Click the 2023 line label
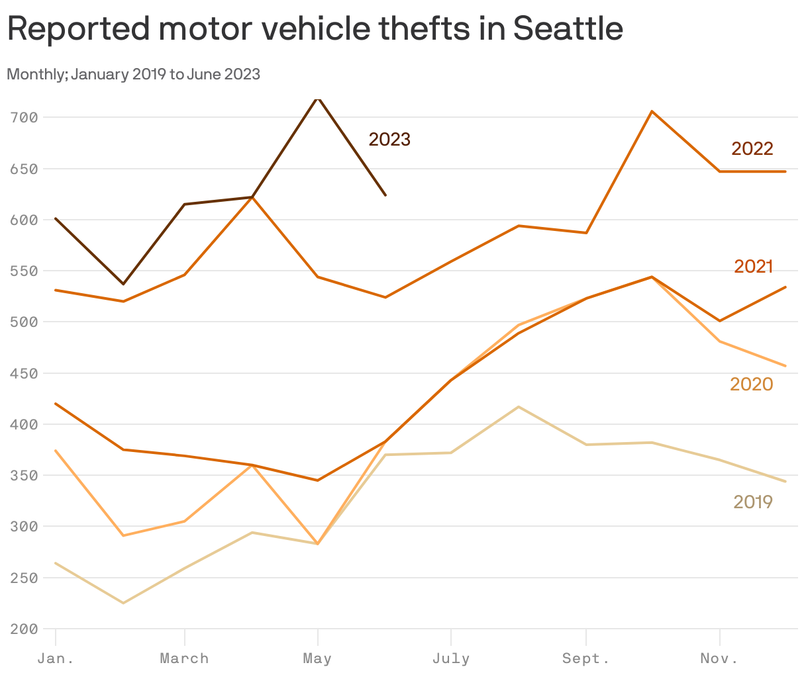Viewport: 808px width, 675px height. (389, 140)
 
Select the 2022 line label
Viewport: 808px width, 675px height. (752, 149)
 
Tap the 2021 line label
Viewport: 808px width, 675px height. (753, 266)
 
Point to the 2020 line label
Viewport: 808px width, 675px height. (751, 384)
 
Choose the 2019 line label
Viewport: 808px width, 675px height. (752, 502)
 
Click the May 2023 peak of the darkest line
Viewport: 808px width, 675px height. (318, 99)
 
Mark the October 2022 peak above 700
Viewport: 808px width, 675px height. (652, 111)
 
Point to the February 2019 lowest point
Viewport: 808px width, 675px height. (123, 603)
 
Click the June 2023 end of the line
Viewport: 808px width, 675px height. (385, 195)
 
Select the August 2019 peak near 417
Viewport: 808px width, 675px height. (519, 406)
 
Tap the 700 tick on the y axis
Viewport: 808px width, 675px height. (24, 118)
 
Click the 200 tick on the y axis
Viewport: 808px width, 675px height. (24, 629)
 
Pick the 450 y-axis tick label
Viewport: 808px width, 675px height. (24, 373)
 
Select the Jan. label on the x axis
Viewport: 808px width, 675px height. (56, 659)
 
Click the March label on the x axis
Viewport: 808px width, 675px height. (184, 659)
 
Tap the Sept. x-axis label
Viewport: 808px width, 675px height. (585, 659)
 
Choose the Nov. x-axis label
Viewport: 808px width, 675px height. (719, 659)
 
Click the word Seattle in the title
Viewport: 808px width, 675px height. (568, 29)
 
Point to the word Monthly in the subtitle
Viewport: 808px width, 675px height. (33, 74)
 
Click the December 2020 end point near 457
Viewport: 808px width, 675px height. (785, 366)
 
